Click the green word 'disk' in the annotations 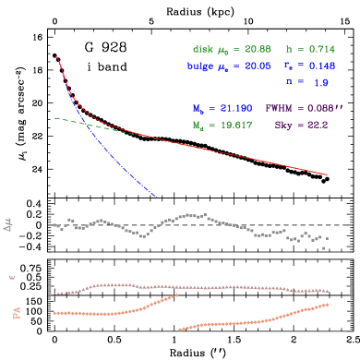203,48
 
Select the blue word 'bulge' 200,66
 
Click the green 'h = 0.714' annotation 309,48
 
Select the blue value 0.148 322,66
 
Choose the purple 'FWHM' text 280,108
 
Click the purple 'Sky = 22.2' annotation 301,125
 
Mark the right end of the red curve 327,174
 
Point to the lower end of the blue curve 154,196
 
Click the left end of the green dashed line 54,117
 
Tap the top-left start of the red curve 56,57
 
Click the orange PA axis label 16,313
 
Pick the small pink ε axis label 12,276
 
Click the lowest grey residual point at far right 323,247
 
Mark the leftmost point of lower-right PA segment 179,330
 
